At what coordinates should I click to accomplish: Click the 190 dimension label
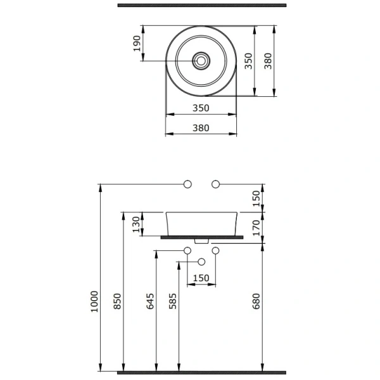(137, 43)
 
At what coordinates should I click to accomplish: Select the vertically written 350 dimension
(248, 61)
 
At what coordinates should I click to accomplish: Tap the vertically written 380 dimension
(268, 61)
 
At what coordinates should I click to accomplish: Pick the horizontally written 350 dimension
(201, 108)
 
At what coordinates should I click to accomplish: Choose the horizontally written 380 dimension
(201, 128)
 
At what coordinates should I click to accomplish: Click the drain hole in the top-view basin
(201, 61)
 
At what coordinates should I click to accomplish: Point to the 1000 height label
(94, 301)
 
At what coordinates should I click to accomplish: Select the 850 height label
(117, 301)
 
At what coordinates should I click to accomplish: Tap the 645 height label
(150, 301)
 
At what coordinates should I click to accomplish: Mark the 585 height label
(173, 301)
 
